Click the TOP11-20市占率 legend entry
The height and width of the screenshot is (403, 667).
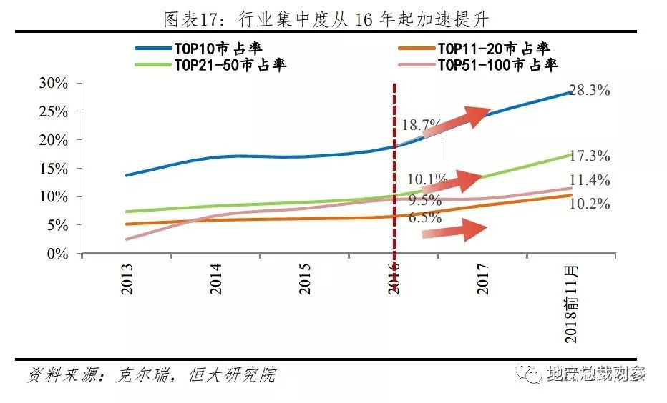[x=493, y=49]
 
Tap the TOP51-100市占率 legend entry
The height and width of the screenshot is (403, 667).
[x=498, y=65]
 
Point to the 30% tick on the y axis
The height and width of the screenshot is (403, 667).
[x=53, y=84]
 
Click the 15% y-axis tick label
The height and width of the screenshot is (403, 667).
[x=53, y=169]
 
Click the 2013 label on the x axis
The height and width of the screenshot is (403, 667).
[x=127, y=279]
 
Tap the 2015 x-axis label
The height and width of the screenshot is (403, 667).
[x=306, y=279]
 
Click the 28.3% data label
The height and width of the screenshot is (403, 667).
[x=589, y=91]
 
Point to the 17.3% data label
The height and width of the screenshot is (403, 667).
[x=590, y=156]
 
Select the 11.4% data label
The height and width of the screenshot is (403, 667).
[x=590, y=180]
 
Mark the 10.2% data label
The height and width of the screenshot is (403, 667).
[x=590, y=204]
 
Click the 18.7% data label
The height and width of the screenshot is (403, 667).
[x=422, y=124]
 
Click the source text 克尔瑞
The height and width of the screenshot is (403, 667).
[x=147, y=374]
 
